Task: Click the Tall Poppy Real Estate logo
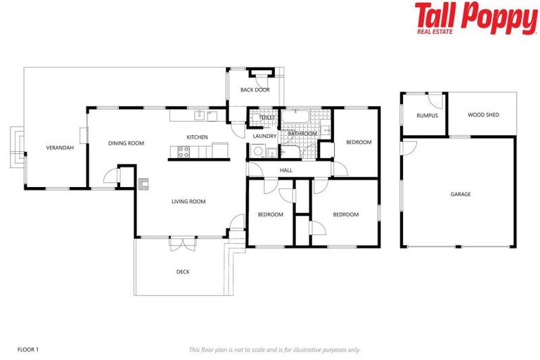coord(475,19)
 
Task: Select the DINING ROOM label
coord(126,143)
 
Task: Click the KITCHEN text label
coord(197,136)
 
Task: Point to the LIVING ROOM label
coord(188,202)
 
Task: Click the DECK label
coord(183,271)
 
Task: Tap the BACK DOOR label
coord(255,90)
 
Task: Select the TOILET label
coord(266,117)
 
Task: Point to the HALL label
coord(286,170)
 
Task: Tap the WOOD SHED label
coord(483,115)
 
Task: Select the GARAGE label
coord(461,194)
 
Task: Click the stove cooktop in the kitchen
coord(184,149)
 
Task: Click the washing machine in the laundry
coord(257,150)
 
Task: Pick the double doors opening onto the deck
coord(181,243)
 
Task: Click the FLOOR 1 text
coord(28,349)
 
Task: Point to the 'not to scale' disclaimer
coord(274,349)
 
